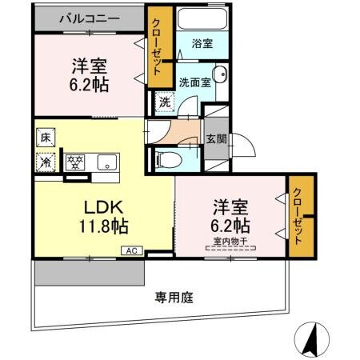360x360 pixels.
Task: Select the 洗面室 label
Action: click(x=194, y=82)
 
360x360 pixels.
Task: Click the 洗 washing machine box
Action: click(x=163, y=102)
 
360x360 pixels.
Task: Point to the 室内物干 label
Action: click(x=229, y=240)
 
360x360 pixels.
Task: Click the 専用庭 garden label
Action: click(x=174, y=298)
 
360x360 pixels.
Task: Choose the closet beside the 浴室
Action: click(x=159, y=49)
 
